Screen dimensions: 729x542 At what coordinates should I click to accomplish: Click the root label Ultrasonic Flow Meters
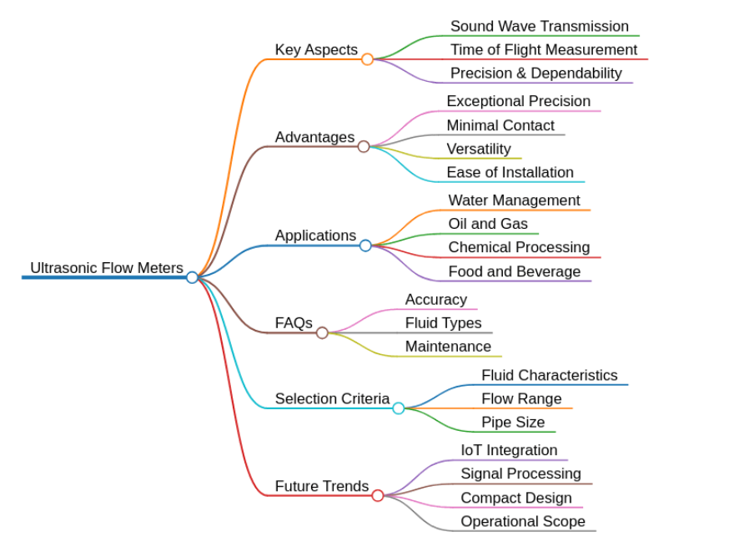pos(107,268)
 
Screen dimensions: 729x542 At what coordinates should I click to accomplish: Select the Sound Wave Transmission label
pos(540,26)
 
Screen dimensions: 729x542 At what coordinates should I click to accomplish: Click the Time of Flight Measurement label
pos(544,50)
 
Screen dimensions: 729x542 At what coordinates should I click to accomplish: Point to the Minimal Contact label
pos(500,125)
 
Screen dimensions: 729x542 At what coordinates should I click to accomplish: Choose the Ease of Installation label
pos(510,172)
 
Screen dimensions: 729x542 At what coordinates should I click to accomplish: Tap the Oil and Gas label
pos(488,224)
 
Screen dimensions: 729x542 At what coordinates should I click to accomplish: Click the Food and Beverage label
pos(515,271)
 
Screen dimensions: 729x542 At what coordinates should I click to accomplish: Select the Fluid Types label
pos(444,323)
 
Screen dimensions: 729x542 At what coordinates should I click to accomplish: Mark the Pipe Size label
pos(513,423)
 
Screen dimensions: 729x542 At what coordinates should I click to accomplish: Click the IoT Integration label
pos(509,450)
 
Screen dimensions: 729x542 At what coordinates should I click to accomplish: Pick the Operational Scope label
pos(523,521)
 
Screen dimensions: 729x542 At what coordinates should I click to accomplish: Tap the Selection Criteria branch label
pos(333,398)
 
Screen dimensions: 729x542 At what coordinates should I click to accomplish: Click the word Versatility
pos(479,149)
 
